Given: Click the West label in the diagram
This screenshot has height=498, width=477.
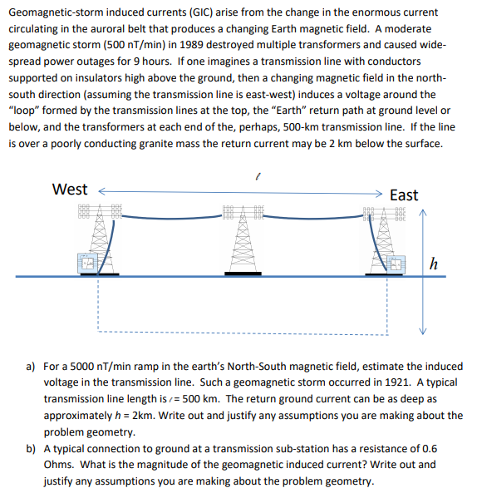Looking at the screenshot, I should [71, 189].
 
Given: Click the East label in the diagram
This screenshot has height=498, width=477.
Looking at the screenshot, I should [404, 195].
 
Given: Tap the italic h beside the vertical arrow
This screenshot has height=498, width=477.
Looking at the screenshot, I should [433, 264].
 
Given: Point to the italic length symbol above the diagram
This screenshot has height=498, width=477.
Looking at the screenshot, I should [259, 175].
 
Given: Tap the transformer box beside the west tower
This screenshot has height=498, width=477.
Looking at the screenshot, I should [87, 263].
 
